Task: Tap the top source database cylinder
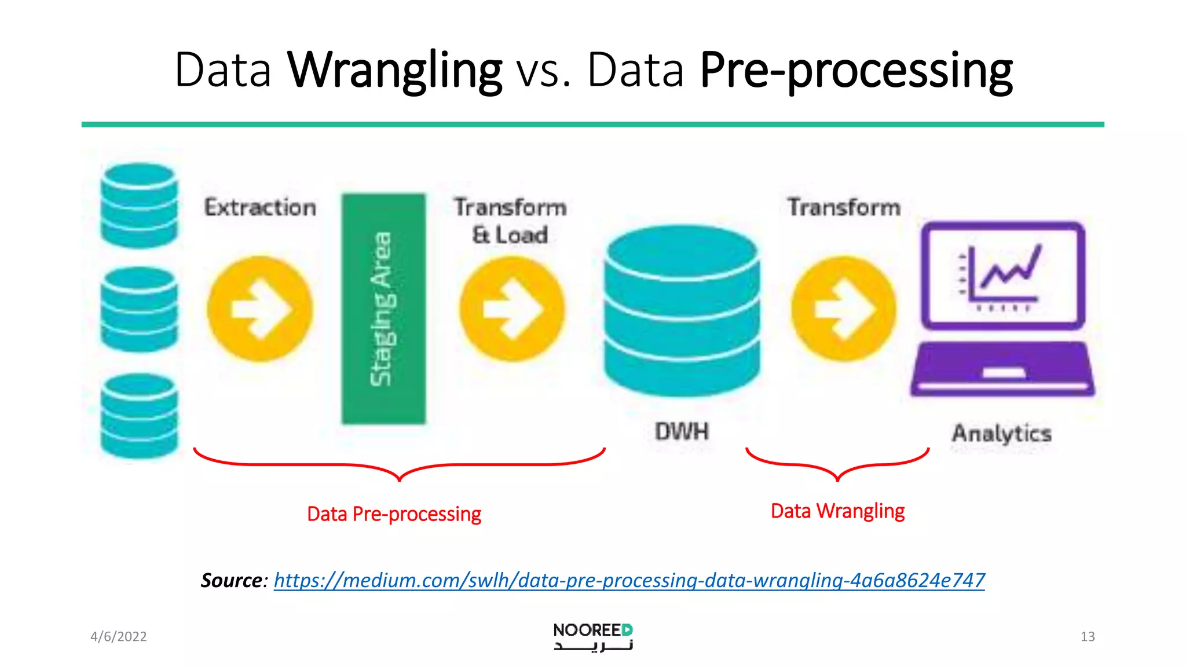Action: (x=139, y=206)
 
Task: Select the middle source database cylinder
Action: (x=139, y=309)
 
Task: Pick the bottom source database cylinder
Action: (x=139, y=416)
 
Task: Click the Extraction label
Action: (x=260, y=207)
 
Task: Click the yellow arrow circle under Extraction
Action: (x=260, y=309)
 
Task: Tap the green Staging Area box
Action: (x=383, y=309)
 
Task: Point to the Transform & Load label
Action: (x=510, y=221)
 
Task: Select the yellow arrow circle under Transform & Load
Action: (x=512, y=309)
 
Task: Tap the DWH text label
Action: (x=682, y=431)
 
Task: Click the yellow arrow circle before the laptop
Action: (x=843, y=309)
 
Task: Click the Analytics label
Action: (x=1001, y=433)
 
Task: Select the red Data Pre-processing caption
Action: (x=394, y=514)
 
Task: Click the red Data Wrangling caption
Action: (x=837, y=511)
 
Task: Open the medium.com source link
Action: (x=629, y=580)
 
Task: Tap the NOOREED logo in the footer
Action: (x=593, y=636)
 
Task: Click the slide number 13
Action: (x=1087, y=637)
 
